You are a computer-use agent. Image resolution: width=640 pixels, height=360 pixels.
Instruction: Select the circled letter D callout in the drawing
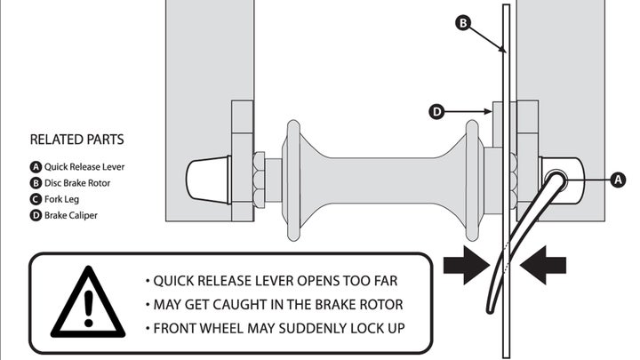coord(436,112)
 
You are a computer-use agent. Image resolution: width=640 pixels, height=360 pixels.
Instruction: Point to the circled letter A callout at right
coord(620,180)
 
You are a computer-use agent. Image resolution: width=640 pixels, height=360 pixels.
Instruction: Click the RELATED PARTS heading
coord(76,140)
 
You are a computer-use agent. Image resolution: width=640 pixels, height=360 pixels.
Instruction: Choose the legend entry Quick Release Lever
coord(77,166)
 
